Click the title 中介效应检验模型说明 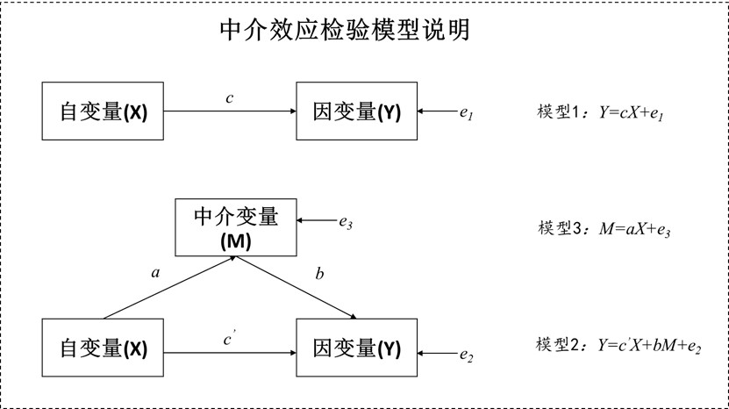tap(344, 32)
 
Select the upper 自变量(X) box tap(104, 111)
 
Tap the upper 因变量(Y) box tap(356, 111)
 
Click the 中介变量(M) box tap(236, 227)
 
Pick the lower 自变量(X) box tap(104, 348)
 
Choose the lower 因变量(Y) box tap(356, 348)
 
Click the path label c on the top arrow tap(229, 98)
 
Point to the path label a tap(155, 273)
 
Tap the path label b tap(319, 275)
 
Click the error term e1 tap(467, 113)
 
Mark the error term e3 tap(347, 222)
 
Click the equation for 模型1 tap(601, 113)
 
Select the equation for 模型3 tap(604, 229)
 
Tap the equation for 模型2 tap(618, 346)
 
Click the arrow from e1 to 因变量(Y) tap(438, 112)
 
